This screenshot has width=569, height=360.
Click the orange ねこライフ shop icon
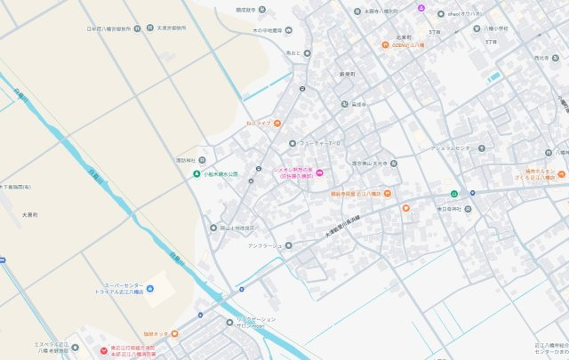(277, 123)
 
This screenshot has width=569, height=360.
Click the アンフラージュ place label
(264, 244)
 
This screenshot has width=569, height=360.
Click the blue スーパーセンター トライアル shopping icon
(150, 291)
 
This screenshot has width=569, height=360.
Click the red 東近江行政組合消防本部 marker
(101, 348)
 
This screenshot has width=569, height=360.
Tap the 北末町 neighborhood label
(405, 37)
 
